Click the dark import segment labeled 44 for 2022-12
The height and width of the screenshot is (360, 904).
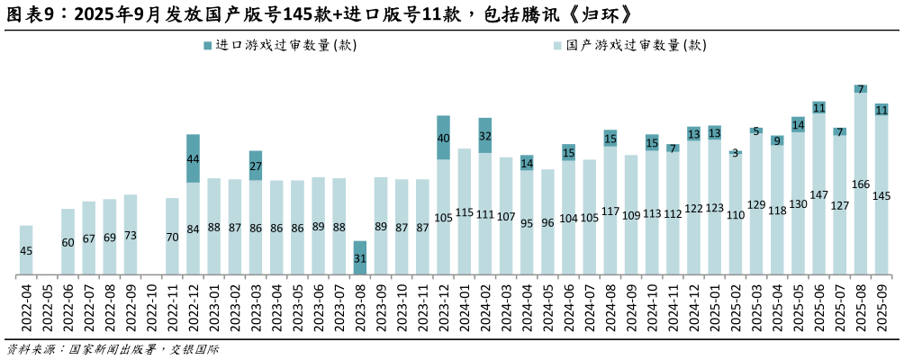click(193, 158)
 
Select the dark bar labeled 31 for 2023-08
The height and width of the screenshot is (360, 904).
click(360, 257)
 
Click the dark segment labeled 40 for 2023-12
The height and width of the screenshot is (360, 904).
click(443, 138)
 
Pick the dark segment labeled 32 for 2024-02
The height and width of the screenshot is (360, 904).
click(485, 135)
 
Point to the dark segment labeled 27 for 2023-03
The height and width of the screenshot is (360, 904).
click(256, 166)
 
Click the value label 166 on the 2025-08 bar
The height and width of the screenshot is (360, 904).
click(861, 184)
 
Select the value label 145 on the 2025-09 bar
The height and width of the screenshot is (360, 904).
click(881, 196)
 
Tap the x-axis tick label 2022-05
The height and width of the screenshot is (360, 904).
click(48, 306)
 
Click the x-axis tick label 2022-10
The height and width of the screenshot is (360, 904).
click(152, 306)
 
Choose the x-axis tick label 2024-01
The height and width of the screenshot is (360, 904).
click(465, 306)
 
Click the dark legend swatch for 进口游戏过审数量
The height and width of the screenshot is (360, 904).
click(208, 45)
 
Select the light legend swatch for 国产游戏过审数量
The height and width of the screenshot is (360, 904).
click(558, 45)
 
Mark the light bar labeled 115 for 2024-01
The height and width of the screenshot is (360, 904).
click(465, 211)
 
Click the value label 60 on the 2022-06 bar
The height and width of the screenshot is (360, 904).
click(68, 242)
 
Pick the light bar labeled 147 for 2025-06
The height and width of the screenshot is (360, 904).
click(819, 194)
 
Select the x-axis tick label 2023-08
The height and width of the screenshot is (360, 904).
click(360, 306)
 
